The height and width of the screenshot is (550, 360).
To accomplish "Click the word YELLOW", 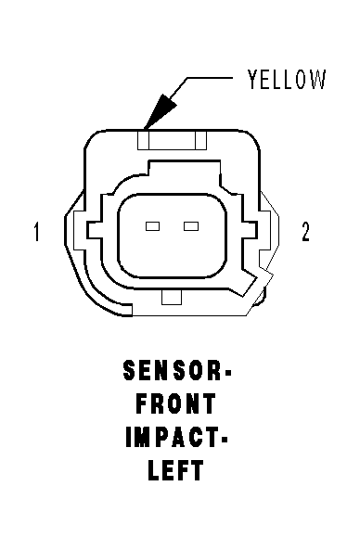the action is (287, 79).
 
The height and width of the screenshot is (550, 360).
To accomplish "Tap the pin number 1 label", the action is (36, 232).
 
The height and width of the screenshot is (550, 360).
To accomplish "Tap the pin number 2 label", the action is (305, 232).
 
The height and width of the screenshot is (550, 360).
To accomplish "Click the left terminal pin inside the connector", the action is (153, 226).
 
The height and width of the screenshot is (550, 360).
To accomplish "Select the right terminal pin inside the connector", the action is (191, 226).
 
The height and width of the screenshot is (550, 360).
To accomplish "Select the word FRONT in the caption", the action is (175, 403).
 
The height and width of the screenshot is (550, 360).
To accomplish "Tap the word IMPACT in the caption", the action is (172, 437).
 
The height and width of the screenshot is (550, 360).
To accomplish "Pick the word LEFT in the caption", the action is (175, 470).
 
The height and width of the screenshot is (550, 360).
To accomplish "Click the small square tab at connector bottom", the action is (172, 297).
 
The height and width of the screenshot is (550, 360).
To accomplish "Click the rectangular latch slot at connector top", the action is (172, 140).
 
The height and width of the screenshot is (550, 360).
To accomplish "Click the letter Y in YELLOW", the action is (253, 79).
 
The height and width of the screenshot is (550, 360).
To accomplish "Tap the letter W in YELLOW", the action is (318, 79).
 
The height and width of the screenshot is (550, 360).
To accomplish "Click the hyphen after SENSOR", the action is (226, 373).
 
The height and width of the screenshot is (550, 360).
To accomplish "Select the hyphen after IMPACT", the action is (224, 439).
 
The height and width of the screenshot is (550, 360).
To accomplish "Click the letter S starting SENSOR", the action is (130, 371).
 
